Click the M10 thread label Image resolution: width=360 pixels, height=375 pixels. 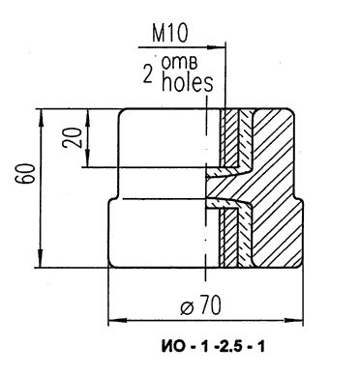point(169,34)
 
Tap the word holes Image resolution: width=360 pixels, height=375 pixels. point(187,83)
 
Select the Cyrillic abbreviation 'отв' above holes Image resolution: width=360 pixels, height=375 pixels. point(179,63)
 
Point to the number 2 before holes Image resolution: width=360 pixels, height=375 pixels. point(148,75)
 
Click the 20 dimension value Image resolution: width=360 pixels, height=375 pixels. point(72,137)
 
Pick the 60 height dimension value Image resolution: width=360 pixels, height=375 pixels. point(26,174)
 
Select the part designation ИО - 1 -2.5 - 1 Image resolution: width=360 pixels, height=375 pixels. point(213,347)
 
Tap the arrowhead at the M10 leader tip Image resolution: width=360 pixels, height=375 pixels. point(220,47)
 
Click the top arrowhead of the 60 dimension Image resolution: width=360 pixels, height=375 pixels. point(42,113)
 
